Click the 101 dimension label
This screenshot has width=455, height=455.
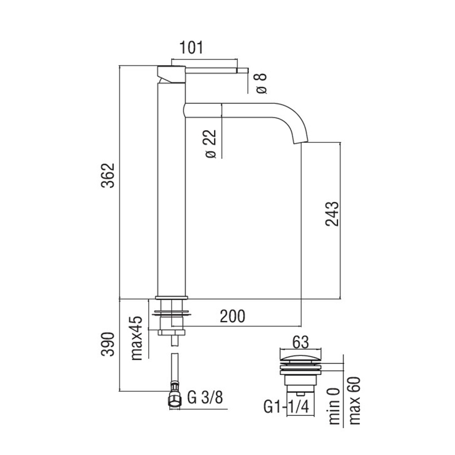click(191, 48)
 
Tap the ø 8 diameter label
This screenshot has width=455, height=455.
click(261, 82)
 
